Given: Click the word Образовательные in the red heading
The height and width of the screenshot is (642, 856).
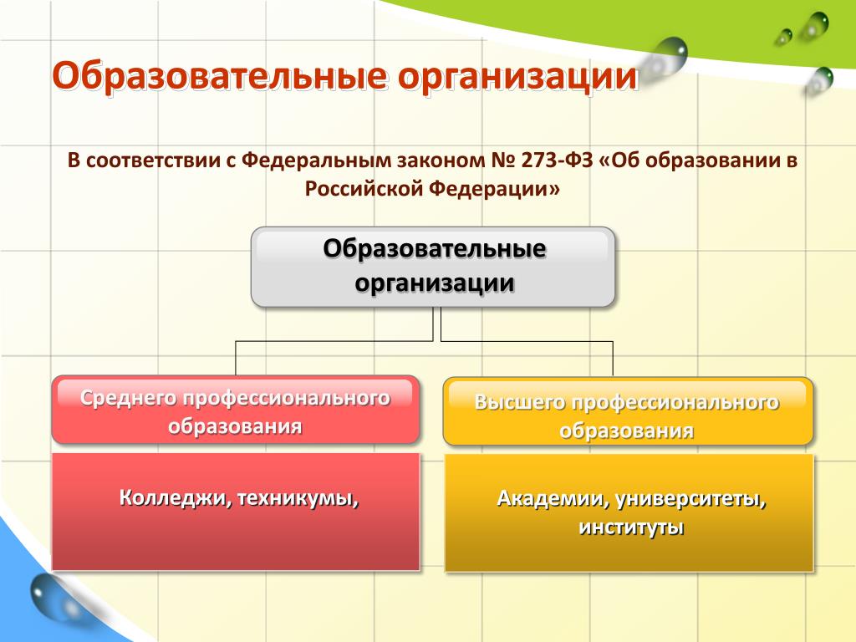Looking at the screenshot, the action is point(218,76).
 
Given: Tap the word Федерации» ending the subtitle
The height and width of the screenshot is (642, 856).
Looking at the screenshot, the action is point(494,189).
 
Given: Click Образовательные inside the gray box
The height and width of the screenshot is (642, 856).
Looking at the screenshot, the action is point(434,248).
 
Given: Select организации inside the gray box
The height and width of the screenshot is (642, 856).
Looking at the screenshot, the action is point(435,283).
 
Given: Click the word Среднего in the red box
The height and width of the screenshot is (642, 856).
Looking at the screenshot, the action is point(128,398).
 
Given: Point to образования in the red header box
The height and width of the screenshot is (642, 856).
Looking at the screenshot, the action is point(235,425).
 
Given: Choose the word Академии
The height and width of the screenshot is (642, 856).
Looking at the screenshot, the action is point(553,499).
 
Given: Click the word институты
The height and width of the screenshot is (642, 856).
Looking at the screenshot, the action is point(631,528).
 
